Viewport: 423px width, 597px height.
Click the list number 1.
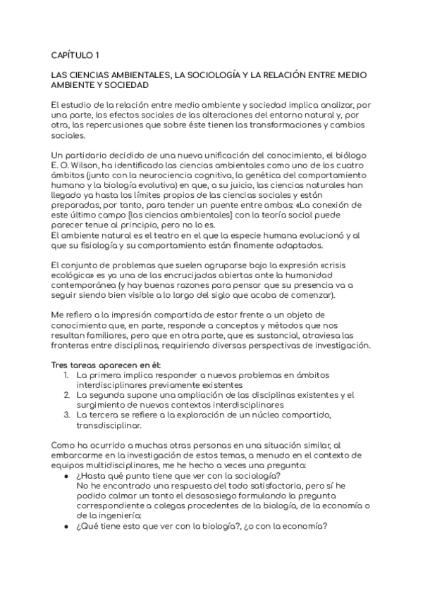coord(65,375)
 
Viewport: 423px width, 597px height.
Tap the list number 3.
coord(65,415)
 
